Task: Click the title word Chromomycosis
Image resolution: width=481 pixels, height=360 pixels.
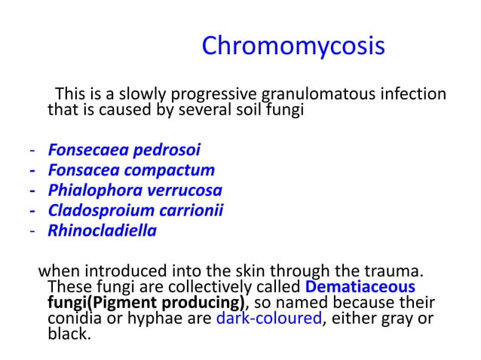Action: coord(293,47)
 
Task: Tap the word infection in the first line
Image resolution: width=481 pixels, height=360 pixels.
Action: coord(408,96)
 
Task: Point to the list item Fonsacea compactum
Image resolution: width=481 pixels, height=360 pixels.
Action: coord(131,169)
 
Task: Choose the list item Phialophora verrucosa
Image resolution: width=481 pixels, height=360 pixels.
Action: coord(135,190)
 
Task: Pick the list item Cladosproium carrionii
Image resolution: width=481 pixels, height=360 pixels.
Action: coord(136,210)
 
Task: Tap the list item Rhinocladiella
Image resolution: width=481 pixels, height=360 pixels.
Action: coord(103,230)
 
